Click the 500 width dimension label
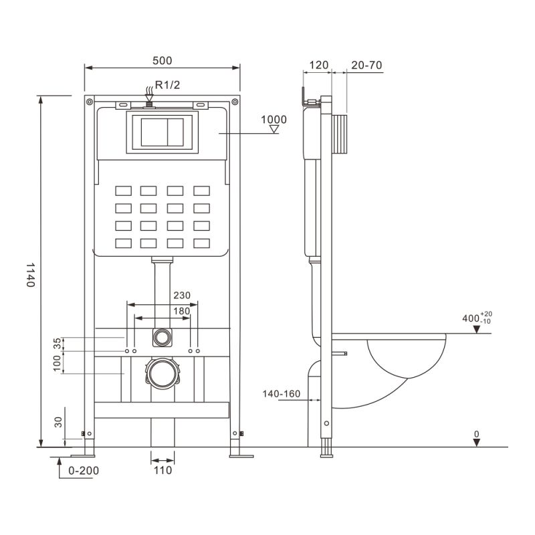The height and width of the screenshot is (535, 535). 162,60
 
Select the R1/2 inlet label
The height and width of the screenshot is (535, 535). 167,84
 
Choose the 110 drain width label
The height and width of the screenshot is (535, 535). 162,470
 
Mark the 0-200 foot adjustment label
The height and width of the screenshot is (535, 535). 84,470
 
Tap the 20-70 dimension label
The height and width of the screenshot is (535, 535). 366,65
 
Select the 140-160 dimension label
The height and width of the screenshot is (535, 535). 281,393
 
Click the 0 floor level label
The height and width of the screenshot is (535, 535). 476,434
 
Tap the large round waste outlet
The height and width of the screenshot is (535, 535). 162,374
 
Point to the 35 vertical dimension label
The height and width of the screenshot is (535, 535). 58,343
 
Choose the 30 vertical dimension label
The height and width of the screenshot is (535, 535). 58,423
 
